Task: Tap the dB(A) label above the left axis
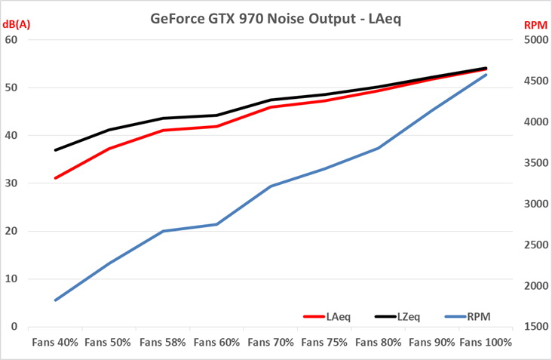16,23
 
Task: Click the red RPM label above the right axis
535,24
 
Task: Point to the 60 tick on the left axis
11,40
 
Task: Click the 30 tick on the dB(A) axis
11,183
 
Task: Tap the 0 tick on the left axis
14,327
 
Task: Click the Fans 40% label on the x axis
55,343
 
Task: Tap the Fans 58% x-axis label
163,343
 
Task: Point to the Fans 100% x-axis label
486,343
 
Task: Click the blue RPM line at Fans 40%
55,300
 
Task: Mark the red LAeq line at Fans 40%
55,178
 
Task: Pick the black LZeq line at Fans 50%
109,130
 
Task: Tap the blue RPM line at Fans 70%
271,186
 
